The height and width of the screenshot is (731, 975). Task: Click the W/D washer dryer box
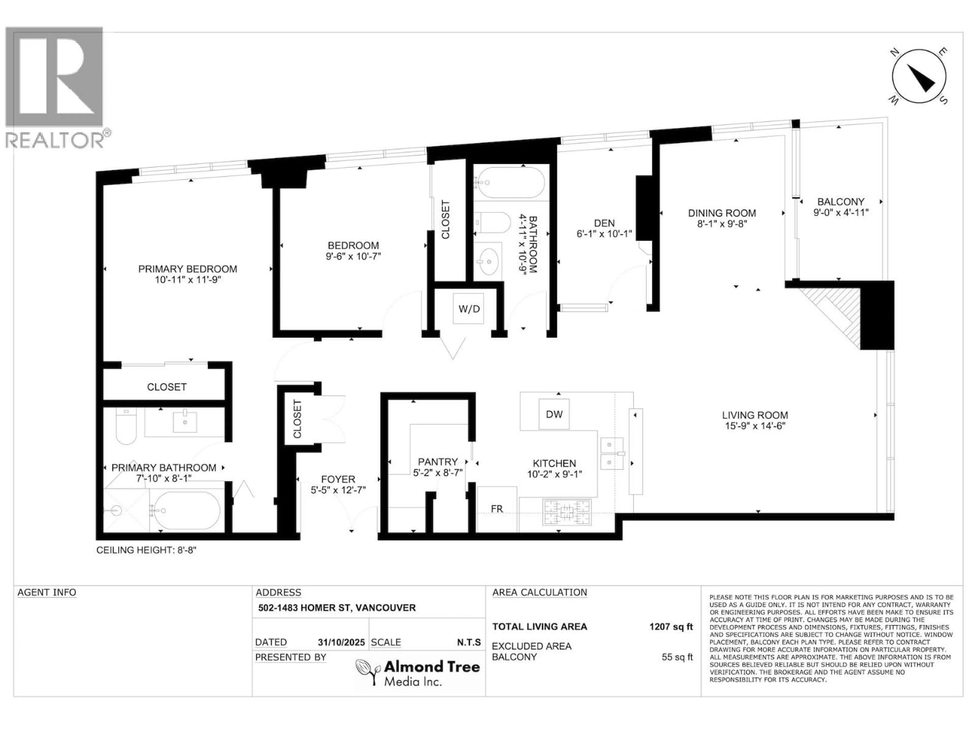(x=468, y=309)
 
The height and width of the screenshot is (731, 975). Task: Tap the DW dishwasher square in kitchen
(x=554, y=414)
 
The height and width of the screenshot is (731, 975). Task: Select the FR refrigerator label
(x=497, y=509)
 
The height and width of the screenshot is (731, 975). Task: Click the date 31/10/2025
(x=341, y=642)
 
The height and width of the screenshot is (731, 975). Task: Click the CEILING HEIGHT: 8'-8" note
(x=146, y=550)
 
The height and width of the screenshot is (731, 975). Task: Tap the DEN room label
(x=604, y=223)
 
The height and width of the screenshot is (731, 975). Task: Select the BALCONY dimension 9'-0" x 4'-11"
(x=841, y=212)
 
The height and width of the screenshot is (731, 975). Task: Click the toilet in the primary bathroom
(x=126, y=426)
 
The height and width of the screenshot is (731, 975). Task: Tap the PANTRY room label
(x=438, y=462)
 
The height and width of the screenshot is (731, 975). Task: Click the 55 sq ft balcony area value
(x=677, y=657)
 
